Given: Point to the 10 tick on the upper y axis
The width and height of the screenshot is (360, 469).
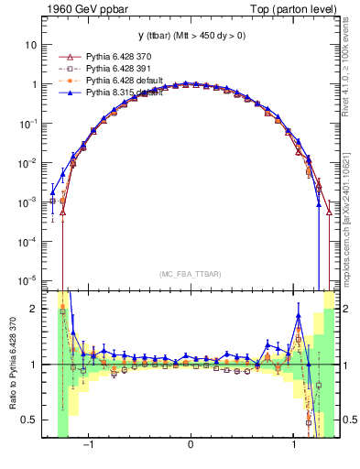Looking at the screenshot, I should pyautogui.click(x=31, y=44).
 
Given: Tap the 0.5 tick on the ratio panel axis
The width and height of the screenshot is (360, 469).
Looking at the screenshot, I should pyautogui.click(x=30, y=420).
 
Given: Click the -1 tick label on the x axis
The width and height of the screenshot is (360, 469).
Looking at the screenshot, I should pyautogui.click(x=89, y=446).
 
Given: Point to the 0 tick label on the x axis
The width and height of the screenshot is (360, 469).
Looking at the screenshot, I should pyautogui.click(x=191, y=446).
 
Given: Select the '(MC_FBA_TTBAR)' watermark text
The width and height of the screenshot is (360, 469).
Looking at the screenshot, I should pyautogui.click(x=191, y=274).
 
